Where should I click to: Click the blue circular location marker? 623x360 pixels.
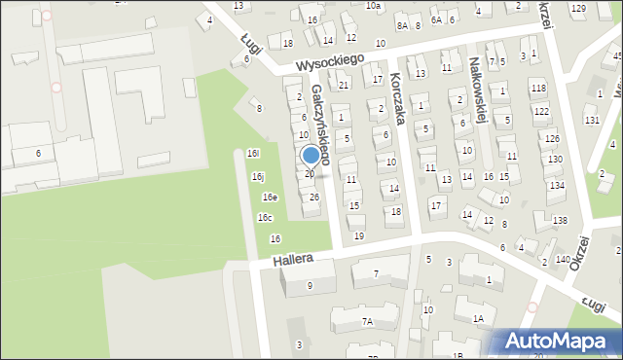[311, 155]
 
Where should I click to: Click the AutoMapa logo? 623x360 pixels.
[559, 342]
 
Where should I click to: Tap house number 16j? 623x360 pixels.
[258, 177]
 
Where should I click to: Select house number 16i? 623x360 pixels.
[253, 153]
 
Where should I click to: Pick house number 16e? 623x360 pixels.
[270, 198]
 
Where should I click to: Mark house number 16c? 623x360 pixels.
[265, 218]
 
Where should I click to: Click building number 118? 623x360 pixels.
[538, 89]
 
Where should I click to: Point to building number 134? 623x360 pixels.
[557, 185]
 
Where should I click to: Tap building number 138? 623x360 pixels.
[560, 221]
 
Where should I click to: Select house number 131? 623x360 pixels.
[591, 120]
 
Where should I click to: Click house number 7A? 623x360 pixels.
[367, 321]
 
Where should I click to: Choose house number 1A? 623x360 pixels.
[478, 318]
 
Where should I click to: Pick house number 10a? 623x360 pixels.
[373, 6]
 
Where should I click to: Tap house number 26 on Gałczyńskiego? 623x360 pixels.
[313, 198]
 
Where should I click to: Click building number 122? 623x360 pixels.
[541, 112]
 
